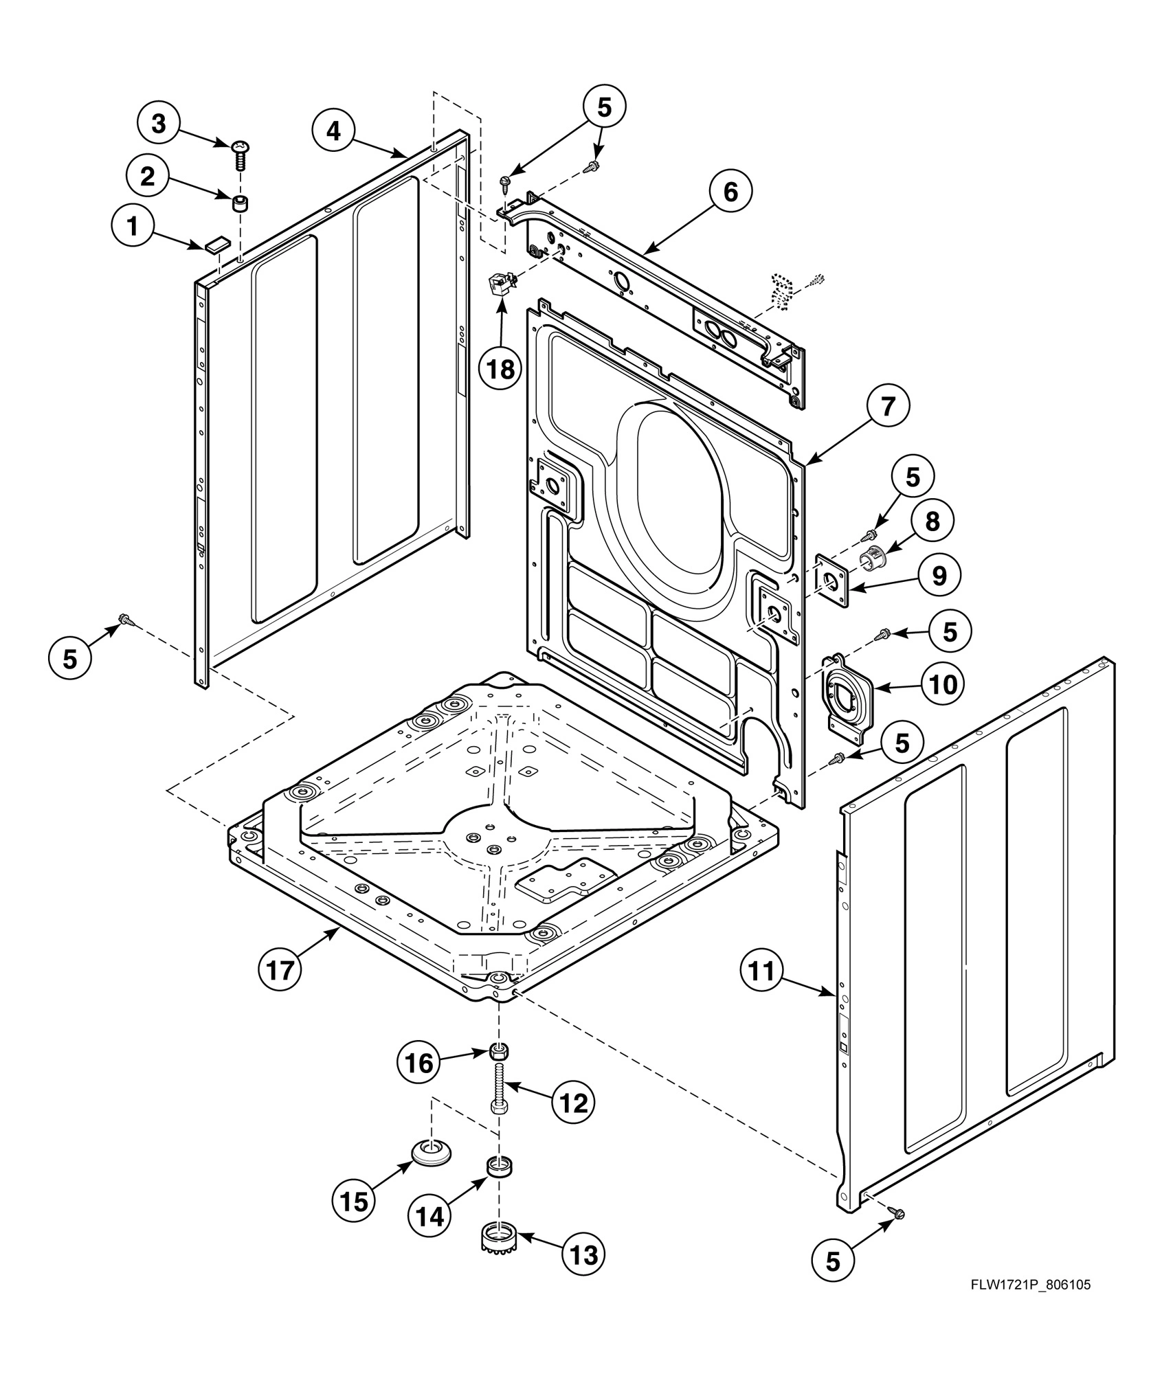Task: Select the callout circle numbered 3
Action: click(159, 124)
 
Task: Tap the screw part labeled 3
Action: click(241, 155)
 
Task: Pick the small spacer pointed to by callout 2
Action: click(241, 204)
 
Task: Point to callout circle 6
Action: click(730, 192)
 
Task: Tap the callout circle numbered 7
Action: click(888, 407)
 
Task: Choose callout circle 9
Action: click(939, 576)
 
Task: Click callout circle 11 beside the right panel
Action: click(762, 971)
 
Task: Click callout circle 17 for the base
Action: click(280, 970)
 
